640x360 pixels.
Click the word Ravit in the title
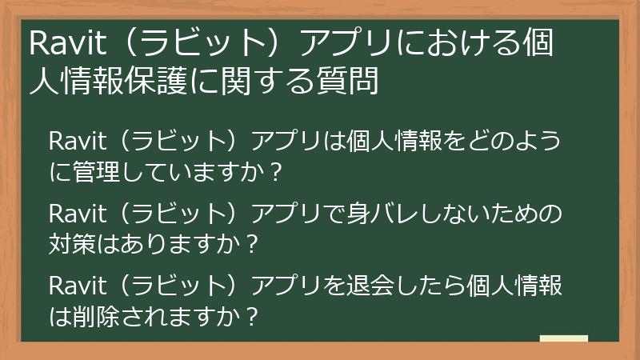coord(68,42)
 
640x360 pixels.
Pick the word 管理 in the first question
coord(96,171)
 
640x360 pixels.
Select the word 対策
coord(72,244)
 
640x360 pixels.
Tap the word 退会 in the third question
coord(370,286)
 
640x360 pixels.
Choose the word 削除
coord(96,316)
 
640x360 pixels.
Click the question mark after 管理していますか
coord(276,172)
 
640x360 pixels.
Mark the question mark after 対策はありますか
coord(252,245)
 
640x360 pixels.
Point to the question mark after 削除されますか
coord(252,317)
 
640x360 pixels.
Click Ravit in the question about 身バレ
coord(78,214)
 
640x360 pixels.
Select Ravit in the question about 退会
coord(78,286)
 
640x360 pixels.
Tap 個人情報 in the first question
coord(394,142)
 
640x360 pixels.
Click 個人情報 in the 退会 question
coord(514,286)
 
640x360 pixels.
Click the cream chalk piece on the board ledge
coord(564,338)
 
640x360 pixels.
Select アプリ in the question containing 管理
coord(286,142)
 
